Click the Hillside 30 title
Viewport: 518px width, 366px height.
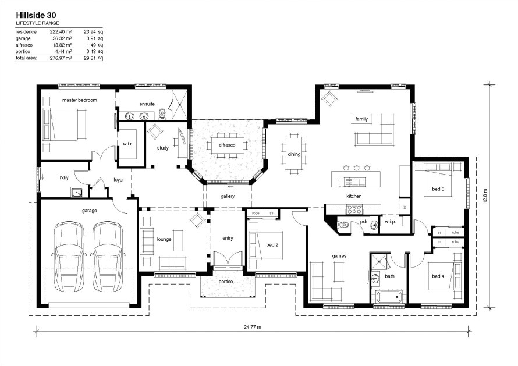coord(36,15)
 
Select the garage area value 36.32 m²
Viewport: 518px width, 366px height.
coord(62,38)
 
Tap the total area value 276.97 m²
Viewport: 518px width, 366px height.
coord(61,58)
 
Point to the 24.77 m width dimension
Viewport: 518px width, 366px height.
coord(253,328)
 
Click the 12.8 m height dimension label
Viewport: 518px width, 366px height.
coord(485,196)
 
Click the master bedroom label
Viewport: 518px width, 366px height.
coord(80,100)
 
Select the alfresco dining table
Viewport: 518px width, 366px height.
coord(227,145)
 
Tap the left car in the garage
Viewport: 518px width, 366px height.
coord(69,257)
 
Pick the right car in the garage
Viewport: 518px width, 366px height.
coord(108,257)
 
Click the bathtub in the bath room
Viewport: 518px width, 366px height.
coord(389,296)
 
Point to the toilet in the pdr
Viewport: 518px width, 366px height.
coord(343,225)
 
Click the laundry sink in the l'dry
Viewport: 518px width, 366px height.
coord(77,191)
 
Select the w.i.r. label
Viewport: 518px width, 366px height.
coord(128,144)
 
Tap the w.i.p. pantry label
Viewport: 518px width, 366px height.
coord(390,222)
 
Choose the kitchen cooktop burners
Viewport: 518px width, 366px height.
coord(354,209)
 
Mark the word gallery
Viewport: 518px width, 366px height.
coord(228,196)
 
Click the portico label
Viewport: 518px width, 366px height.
coord(226,282)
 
